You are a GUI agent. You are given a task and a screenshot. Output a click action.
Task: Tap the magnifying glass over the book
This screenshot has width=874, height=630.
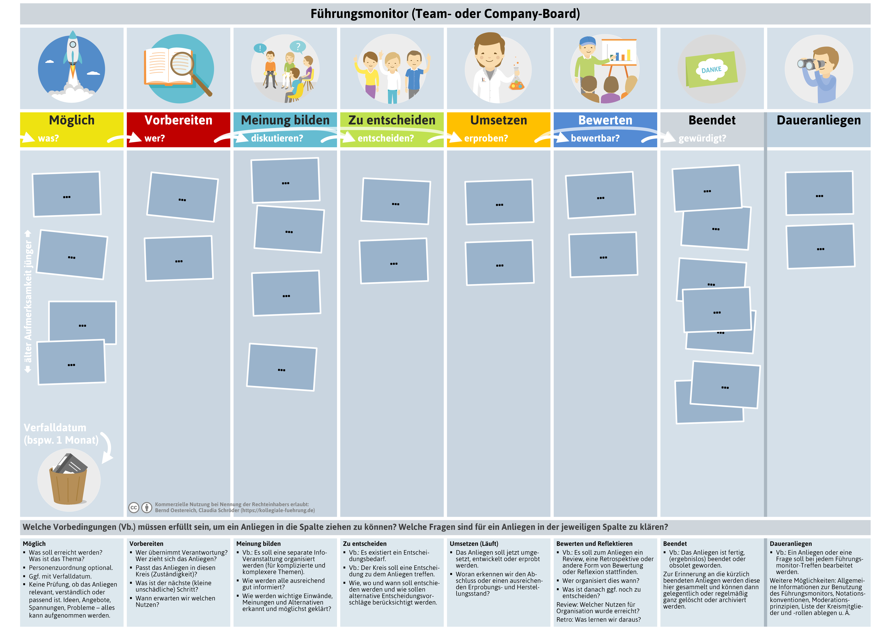tap(189, 71)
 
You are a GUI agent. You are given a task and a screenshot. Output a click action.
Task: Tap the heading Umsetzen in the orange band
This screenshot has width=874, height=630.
tap(499, 120)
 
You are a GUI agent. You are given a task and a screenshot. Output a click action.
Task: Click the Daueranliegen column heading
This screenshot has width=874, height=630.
tap(818, 120)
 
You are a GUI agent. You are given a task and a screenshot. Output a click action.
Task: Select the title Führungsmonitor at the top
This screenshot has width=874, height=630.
tap(359, 14)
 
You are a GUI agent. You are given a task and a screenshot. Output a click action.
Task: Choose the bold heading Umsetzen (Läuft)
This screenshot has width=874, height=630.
tap(474, 544)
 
